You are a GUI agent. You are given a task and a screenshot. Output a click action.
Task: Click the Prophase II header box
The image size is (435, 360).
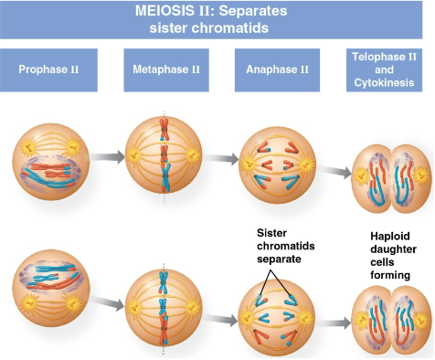[50, 69]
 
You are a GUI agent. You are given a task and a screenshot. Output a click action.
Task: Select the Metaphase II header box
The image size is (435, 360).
[161, 69]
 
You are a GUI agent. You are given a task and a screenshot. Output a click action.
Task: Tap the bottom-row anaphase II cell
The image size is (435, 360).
[275, 315]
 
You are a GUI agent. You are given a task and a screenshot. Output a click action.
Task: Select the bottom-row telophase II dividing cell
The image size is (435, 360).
[387, 320]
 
